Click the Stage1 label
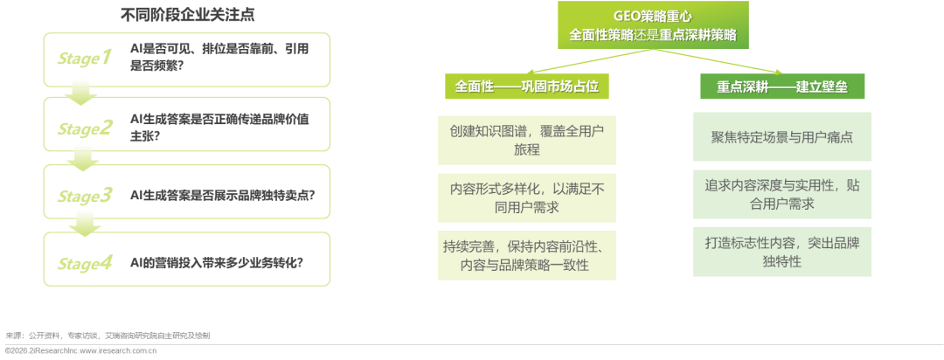[85, 59]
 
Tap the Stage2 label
[85, 128]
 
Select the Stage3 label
[85, 195]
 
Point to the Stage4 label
[85, 261]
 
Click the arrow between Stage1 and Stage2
[81, 91]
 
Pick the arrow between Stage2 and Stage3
[83, 158]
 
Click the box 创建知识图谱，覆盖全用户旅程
[526, 139]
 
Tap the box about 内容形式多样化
[526, 197]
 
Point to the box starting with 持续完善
[526, 255]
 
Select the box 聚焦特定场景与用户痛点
[782, 137]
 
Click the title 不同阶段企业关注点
[188, 15]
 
